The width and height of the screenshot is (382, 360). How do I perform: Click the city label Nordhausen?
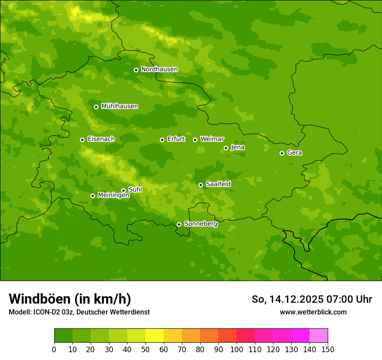tap(159, 69)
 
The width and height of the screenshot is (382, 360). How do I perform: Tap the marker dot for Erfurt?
tap(162, 140)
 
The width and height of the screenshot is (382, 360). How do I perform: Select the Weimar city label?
tap(212, 139)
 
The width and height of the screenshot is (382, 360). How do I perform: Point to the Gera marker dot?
tap(282, 153)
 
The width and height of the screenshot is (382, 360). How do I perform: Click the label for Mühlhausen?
tap(119, 106)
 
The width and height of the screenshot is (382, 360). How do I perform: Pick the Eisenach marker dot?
tap(82, 140)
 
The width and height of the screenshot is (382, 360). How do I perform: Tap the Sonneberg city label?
tap(201, 224)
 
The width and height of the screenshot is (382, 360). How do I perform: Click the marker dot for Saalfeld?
tap(201, 185)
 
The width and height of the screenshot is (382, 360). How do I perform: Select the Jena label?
tap(237, 147)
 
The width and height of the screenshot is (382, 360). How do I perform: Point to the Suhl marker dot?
tap(123, 190)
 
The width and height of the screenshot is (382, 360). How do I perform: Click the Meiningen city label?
tap(113, 196)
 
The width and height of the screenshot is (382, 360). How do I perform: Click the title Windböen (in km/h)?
tap(70, 299)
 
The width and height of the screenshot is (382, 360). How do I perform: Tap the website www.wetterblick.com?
tap(313, 312)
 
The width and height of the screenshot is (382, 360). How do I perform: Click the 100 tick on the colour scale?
tap(237, 349)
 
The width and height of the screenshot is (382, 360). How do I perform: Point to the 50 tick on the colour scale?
tap(145, 349)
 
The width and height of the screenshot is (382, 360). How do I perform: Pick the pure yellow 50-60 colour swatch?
tap(155, 336)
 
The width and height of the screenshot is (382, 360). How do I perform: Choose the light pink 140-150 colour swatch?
tap(319, 336)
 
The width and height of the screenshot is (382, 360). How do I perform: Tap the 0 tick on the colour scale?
tap(54, 349)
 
